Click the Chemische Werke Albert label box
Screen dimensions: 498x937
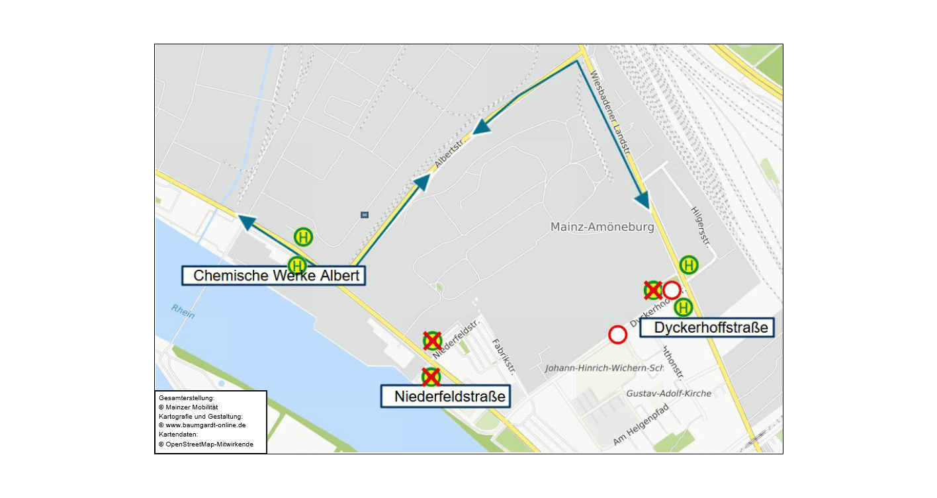[273, 276]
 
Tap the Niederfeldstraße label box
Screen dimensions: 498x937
[446, 397]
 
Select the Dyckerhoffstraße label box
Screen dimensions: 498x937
[707, 327]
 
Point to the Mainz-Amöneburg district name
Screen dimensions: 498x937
[602, 228]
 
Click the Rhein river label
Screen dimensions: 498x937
[183, 311]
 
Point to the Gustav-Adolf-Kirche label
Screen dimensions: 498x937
[669, 394]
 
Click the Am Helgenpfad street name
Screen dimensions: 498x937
[641, 425]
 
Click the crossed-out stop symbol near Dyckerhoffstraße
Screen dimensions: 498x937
[653, 290]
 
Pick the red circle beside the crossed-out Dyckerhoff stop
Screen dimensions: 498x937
[672, 290]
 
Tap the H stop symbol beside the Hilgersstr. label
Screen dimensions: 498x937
[689, 265]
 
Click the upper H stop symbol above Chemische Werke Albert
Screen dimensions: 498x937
[303, 236]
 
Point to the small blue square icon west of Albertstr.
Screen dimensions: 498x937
[364, 215]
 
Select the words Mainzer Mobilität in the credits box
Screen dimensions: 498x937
[191, 407]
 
